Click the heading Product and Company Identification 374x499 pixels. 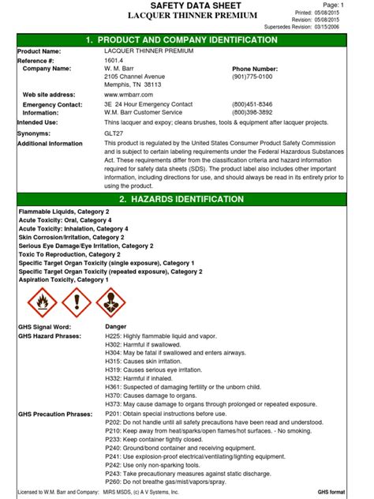point(187,39)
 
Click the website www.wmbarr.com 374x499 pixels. point(129,95)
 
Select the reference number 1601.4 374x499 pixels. point(114,60)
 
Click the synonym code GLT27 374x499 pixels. point(115,133)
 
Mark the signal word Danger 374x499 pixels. point(117,327)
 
